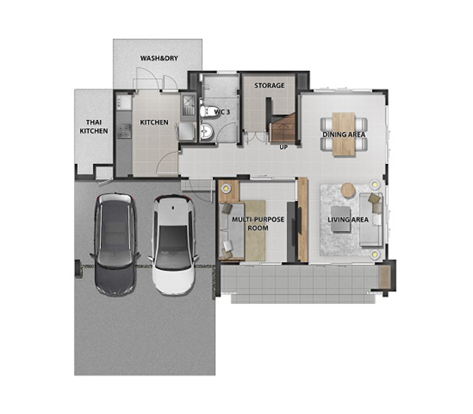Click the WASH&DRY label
pyautogui.click(x=159, y=58)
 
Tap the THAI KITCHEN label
pyautogui.click(x=94, y=126)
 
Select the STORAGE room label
pyautogui.click(x=269, y=85)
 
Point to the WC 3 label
pyautogui.click(x=222, y=112)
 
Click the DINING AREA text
pyautogui.click(x=344, y=134)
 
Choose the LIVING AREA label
pyautogui.click(x=348, y=219)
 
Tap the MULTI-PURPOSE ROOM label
pyautogui.click(x=258, y=223)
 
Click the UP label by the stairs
pyautogui.click(x=284, y=147)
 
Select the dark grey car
pyautogui.click(x=114, y=244)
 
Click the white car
pyautogui.click(x=173, y=245)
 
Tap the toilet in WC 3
pyautogui.click(x=207, y=111)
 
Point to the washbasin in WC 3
pyautogui.click(x=207, y=132)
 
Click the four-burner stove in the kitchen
pyautogui.click(x=124, y=131)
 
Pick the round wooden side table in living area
pyautogui.click(x=348, y=191)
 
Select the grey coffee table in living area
pyautogui.click(x=341, y=219)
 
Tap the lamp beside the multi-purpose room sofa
pyautogui.click(x=225, y=188)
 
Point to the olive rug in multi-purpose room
pyautogui.click(x=255, y=230)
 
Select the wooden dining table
pyautogui.click(x=344, y=134)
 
